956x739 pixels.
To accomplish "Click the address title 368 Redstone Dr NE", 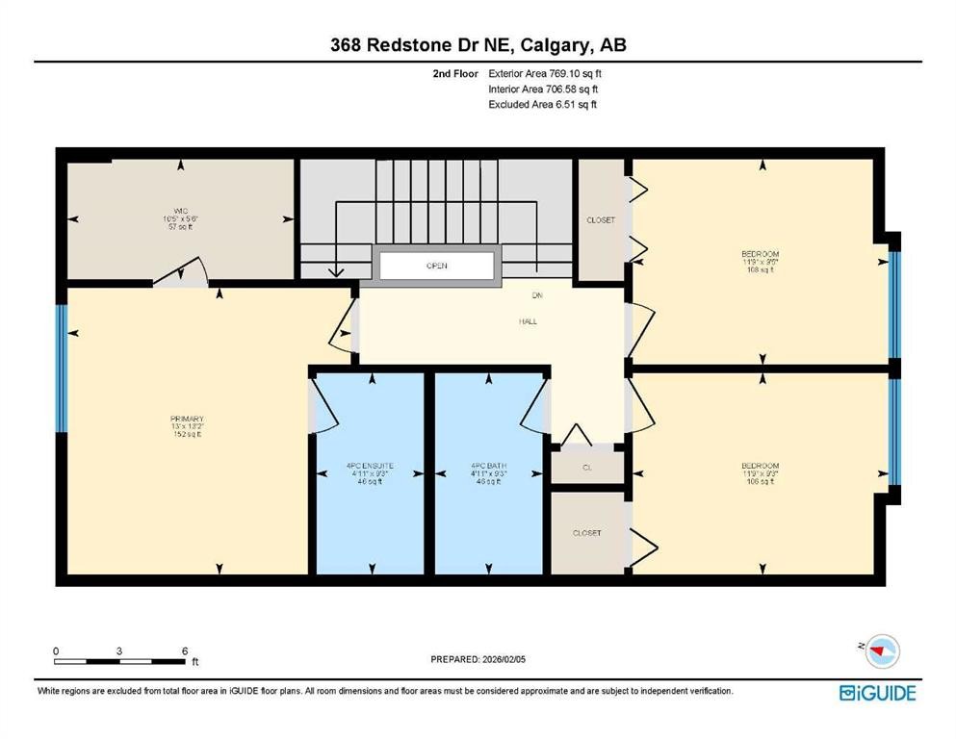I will pyautogui.click(x=478, y=45).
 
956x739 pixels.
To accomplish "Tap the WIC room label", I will pyautogui.click(x=179, y=210).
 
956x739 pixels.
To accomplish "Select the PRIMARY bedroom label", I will pyautogui.click(x=187, y=419).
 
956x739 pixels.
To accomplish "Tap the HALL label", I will pyautogui.click(x=527, y=321).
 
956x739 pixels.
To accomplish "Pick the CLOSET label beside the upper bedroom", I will pyautogui.click(x=601, y=220).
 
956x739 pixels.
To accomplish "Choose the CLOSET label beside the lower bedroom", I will pyautogui.click(x=586, y=533).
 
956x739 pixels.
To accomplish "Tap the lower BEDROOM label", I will pyautogui.click(x=761, y=466).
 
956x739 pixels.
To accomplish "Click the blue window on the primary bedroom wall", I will pyautogui.click(x=61, y=368).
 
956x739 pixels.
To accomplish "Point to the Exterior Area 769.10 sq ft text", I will pyautogui.click(x=546, y=73).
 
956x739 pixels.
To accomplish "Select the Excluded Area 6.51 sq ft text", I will pyautogui.click(x=543, y=104).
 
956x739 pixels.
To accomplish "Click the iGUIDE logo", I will pyautogui.click(x=877, y=693).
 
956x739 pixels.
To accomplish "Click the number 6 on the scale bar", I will pyautogui.click(x=183, y=651).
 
